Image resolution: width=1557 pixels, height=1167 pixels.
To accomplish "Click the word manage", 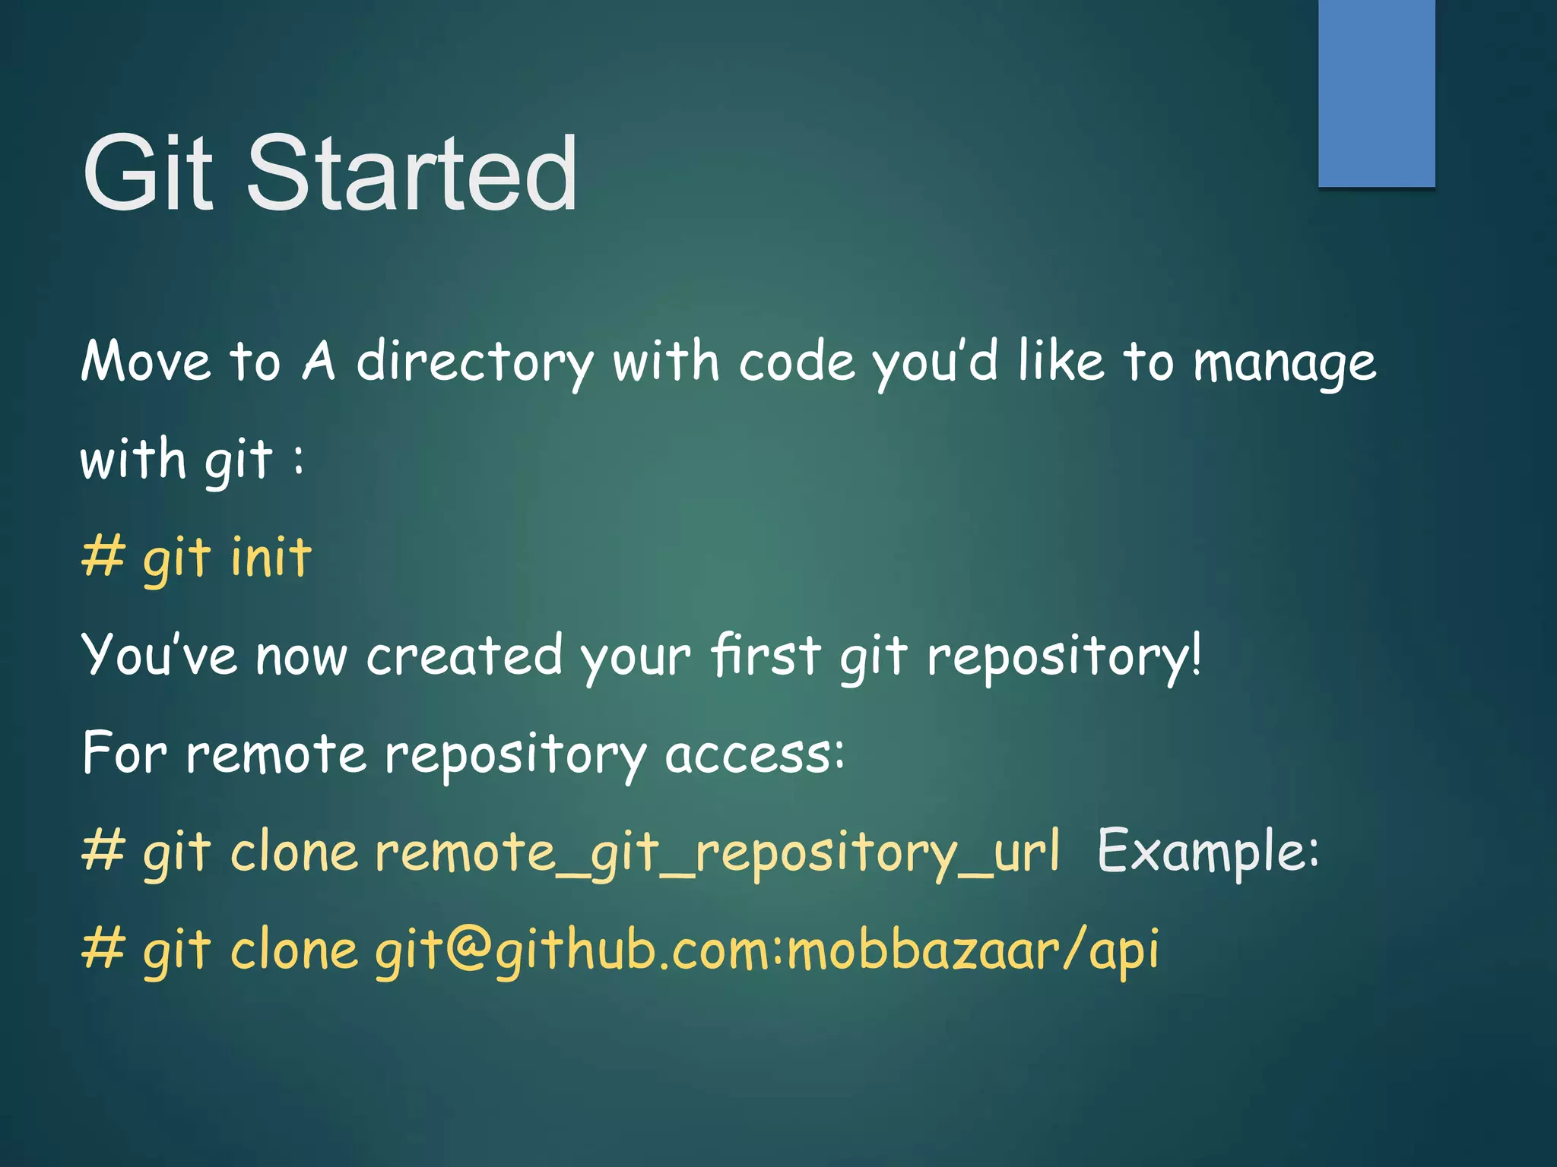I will click(x=1285, y=363).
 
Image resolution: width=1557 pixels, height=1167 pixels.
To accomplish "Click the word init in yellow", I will click(x=271, y=557).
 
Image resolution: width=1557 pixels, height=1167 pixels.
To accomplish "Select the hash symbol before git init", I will click(x=103, y=557).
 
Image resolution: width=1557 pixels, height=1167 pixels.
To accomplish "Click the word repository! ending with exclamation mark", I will click(x=1064, y=656).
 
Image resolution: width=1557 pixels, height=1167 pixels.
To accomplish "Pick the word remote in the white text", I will click(x=277, y=754).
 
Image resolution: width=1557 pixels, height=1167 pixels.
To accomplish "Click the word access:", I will click(x=755, y=755).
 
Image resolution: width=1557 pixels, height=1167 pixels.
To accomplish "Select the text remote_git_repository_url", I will click(x=717, y=852).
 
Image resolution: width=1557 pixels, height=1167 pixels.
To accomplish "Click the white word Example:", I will click(x=1208, y=851).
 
